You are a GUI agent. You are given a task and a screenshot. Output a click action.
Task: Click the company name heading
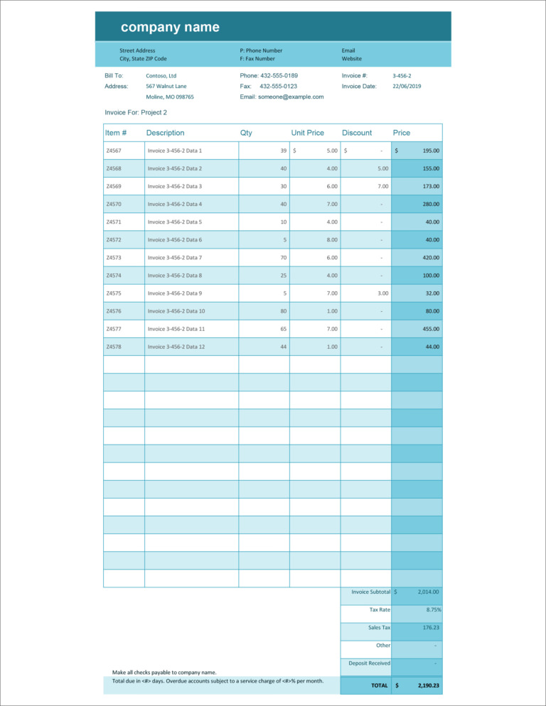170,28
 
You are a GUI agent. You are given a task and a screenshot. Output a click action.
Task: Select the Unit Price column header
307,133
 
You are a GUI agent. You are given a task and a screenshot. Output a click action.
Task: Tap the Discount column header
357,133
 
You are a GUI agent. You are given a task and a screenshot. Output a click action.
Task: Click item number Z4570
114,204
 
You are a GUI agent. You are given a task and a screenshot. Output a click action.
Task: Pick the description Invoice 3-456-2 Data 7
175,257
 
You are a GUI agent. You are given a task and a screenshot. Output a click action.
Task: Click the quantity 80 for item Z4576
283,310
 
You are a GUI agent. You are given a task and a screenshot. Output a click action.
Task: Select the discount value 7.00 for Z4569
382,186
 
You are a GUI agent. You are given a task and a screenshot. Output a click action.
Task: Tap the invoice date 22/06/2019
407,86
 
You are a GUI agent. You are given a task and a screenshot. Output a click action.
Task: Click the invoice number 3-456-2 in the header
402,75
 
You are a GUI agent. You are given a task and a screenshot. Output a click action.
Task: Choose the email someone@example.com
282,97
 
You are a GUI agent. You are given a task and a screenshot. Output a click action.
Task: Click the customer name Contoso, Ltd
161,75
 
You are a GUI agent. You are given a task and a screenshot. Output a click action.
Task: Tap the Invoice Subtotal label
370,592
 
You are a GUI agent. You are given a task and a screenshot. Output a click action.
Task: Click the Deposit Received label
369,663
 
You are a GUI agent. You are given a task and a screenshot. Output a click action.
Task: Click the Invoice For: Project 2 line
136,112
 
